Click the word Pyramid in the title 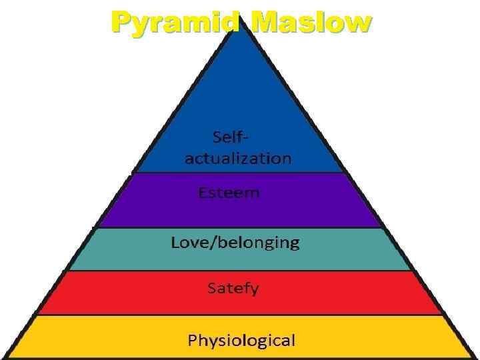click(175, 22)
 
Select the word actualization click(238, 159)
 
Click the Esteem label click(229, 193)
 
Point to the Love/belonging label click(235, 243)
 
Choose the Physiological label click(241, 341)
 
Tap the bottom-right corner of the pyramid click(472, 357)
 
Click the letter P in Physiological click(192, 341)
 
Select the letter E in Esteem click(202, 193)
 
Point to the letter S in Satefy click(211, 289)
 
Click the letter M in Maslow click(263, 22)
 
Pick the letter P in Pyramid click(121, 22)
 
